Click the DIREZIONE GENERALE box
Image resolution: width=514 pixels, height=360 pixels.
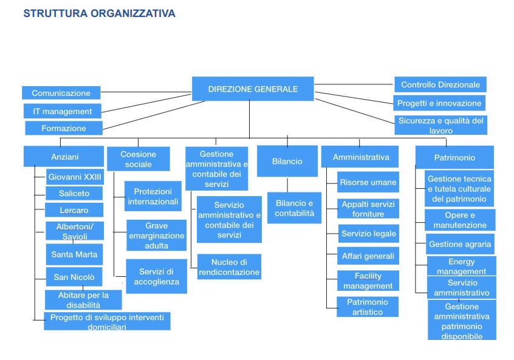click(253, 89)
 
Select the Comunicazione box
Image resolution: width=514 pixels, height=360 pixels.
click(61, 93)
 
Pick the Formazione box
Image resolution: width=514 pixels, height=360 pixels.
click(64, 128)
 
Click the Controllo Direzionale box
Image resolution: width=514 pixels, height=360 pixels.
click(440, 84)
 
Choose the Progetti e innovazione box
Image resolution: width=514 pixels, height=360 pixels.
click(439, 103)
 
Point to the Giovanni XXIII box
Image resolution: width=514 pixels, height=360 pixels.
click(75, 177)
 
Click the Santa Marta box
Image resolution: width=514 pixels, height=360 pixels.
click(74, 254)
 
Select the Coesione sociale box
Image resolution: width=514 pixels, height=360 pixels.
click(138, 159)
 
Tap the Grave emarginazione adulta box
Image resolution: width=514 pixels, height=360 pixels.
click(156, 235)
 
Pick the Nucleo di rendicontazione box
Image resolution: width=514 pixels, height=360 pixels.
click(229, 267)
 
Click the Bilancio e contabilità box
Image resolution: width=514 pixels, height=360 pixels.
click(294, 208)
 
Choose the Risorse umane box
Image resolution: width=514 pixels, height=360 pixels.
click(368, 182)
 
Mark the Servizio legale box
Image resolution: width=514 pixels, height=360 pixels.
click(368, 234)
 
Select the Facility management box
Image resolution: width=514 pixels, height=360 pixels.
click(368, 280)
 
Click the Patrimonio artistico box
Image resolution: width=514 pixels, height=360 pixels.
click(368, 307)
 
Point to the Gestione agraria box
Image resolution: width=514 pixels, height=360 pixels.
click(460, 244)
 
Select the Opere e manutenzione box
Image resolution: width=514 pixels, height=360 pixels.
click(460, 220)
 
